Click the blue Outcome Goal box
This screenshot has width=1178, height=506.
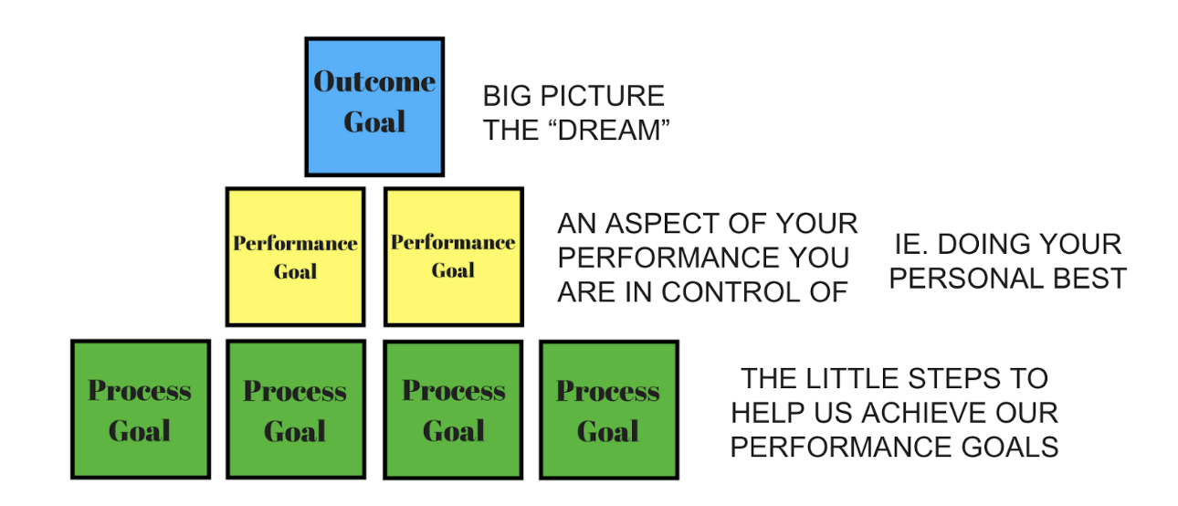(374, 107)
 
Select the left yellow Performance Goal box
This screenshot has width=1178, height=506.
(296, 257)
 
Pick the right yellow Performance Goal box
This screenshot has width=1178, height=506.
(453, 257)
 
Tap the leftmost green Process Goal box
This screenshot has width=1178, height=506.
(141, 410)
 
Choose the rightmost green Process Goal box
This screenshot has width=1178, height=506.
(609, 410)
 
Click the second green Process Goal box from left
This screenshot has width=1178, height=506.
(296, 410)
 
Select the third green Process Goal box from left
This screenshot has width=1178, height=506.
(453, 410)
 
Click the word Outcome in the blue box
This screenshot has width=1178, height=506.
(374, 82)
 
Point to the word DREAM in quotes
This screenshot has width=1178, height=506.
(609, 131)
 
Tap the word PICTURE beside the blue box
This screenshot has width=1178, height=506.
(603, 96)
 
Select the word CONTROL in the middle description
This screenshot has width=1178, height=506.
(731, 292)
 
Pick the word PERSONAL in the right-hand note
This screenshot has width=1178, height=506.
(966, 279)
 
